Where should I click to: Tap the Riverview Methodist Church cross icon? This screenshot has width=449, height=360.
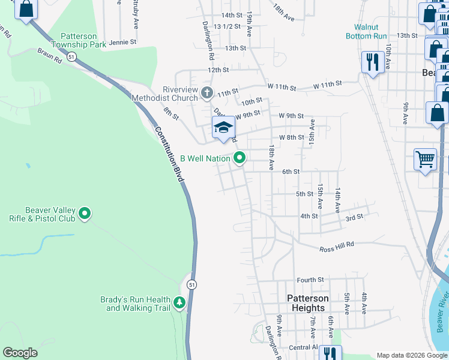coord(207,93)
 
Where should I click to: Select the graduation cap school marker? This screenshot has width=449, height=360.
coord(223,127)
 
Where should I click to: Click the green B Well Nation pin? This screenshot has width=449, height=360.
coord(240,158)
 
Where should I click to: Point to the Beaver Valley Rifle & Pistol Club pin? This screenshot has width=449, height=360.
coord(85,213)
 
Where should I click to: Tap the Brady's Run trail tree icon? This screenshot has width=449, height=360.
coord(179,303)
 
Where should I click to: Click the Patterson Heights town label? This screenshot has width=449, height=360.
coord(307,303)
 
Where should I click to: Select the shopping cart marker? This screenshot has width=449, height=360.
coord(425,160)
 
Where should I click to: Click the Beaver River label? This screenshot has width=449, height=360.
coord(442,311)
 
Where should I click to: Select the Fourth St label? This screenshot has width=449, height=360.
coord(310,280)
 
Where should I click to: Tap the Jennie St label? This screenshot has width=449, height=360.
coord(122,43)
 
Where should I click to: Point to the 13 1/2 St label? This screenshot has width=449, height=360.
coord(227,26)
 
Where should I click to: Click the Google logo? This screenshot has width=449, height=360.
coord(20,353)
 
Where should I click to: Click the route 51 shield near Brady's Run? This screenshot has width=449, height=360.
coord(191,284)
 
